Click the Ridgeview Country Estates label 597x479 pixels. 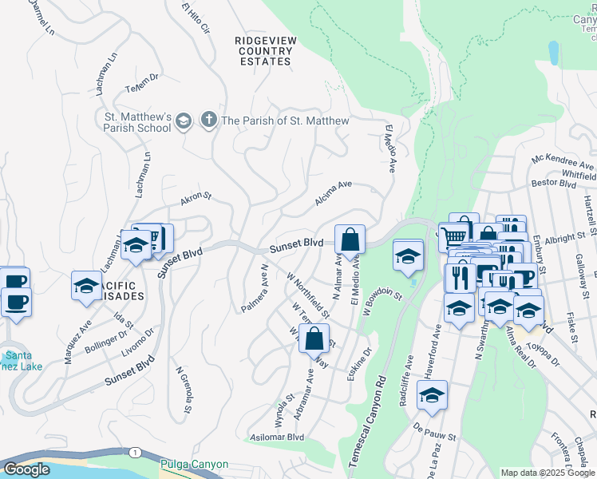[264, 50]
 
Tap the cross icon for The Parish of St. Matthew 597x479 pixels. [208, 121]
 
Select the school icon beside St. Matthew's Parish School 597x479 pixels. [184, 121]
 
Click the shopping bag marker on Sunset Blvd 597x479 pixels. [350, 239]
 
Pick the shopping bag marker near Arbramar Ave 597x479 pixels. [315, 338]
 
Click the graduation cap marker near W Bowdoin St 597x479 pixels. [408, 256]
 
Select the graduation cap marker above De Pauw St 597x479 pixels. [432, 395]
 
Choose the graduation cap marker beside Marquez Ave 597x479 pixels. [86, 286]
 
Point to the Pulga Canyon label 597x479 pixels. [194, 465]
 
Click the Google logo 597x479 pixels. [26, 469]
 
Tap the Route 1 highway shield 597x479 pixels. [136, 453]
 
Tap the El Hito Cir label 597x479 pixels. [196, 20]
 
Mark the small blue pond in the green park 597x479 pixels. [553, 52]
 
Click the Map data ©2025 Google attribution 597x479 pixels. [548, 473]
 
